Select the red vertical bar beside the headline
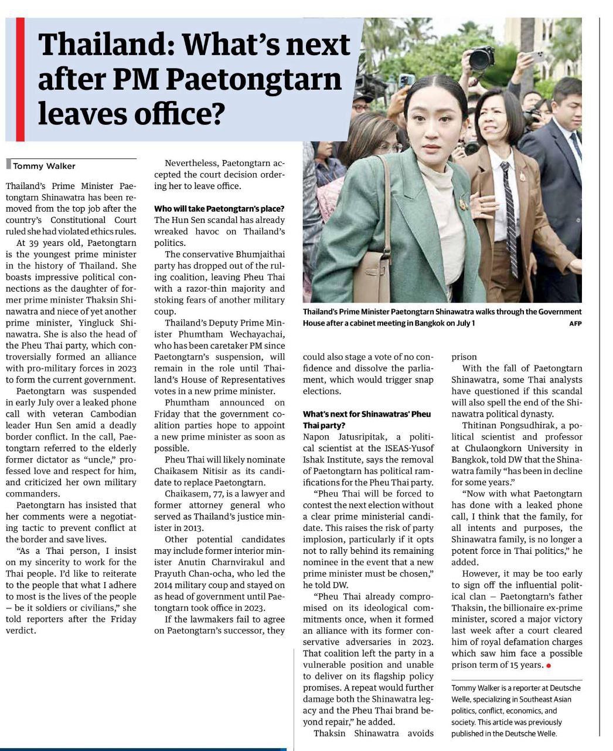coord(20,79)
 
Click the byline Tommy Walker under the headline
coord(44,166)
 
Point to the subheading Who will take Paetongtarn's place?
coord(219,209)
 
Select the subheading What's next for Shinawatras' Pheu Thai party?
coord(366,420)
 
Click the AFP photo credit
coord(575,324)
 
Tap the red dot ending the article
coord(548,665)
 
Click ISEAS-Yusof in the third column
coord(407,448)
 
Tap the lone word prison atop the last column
coord(464,357)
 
